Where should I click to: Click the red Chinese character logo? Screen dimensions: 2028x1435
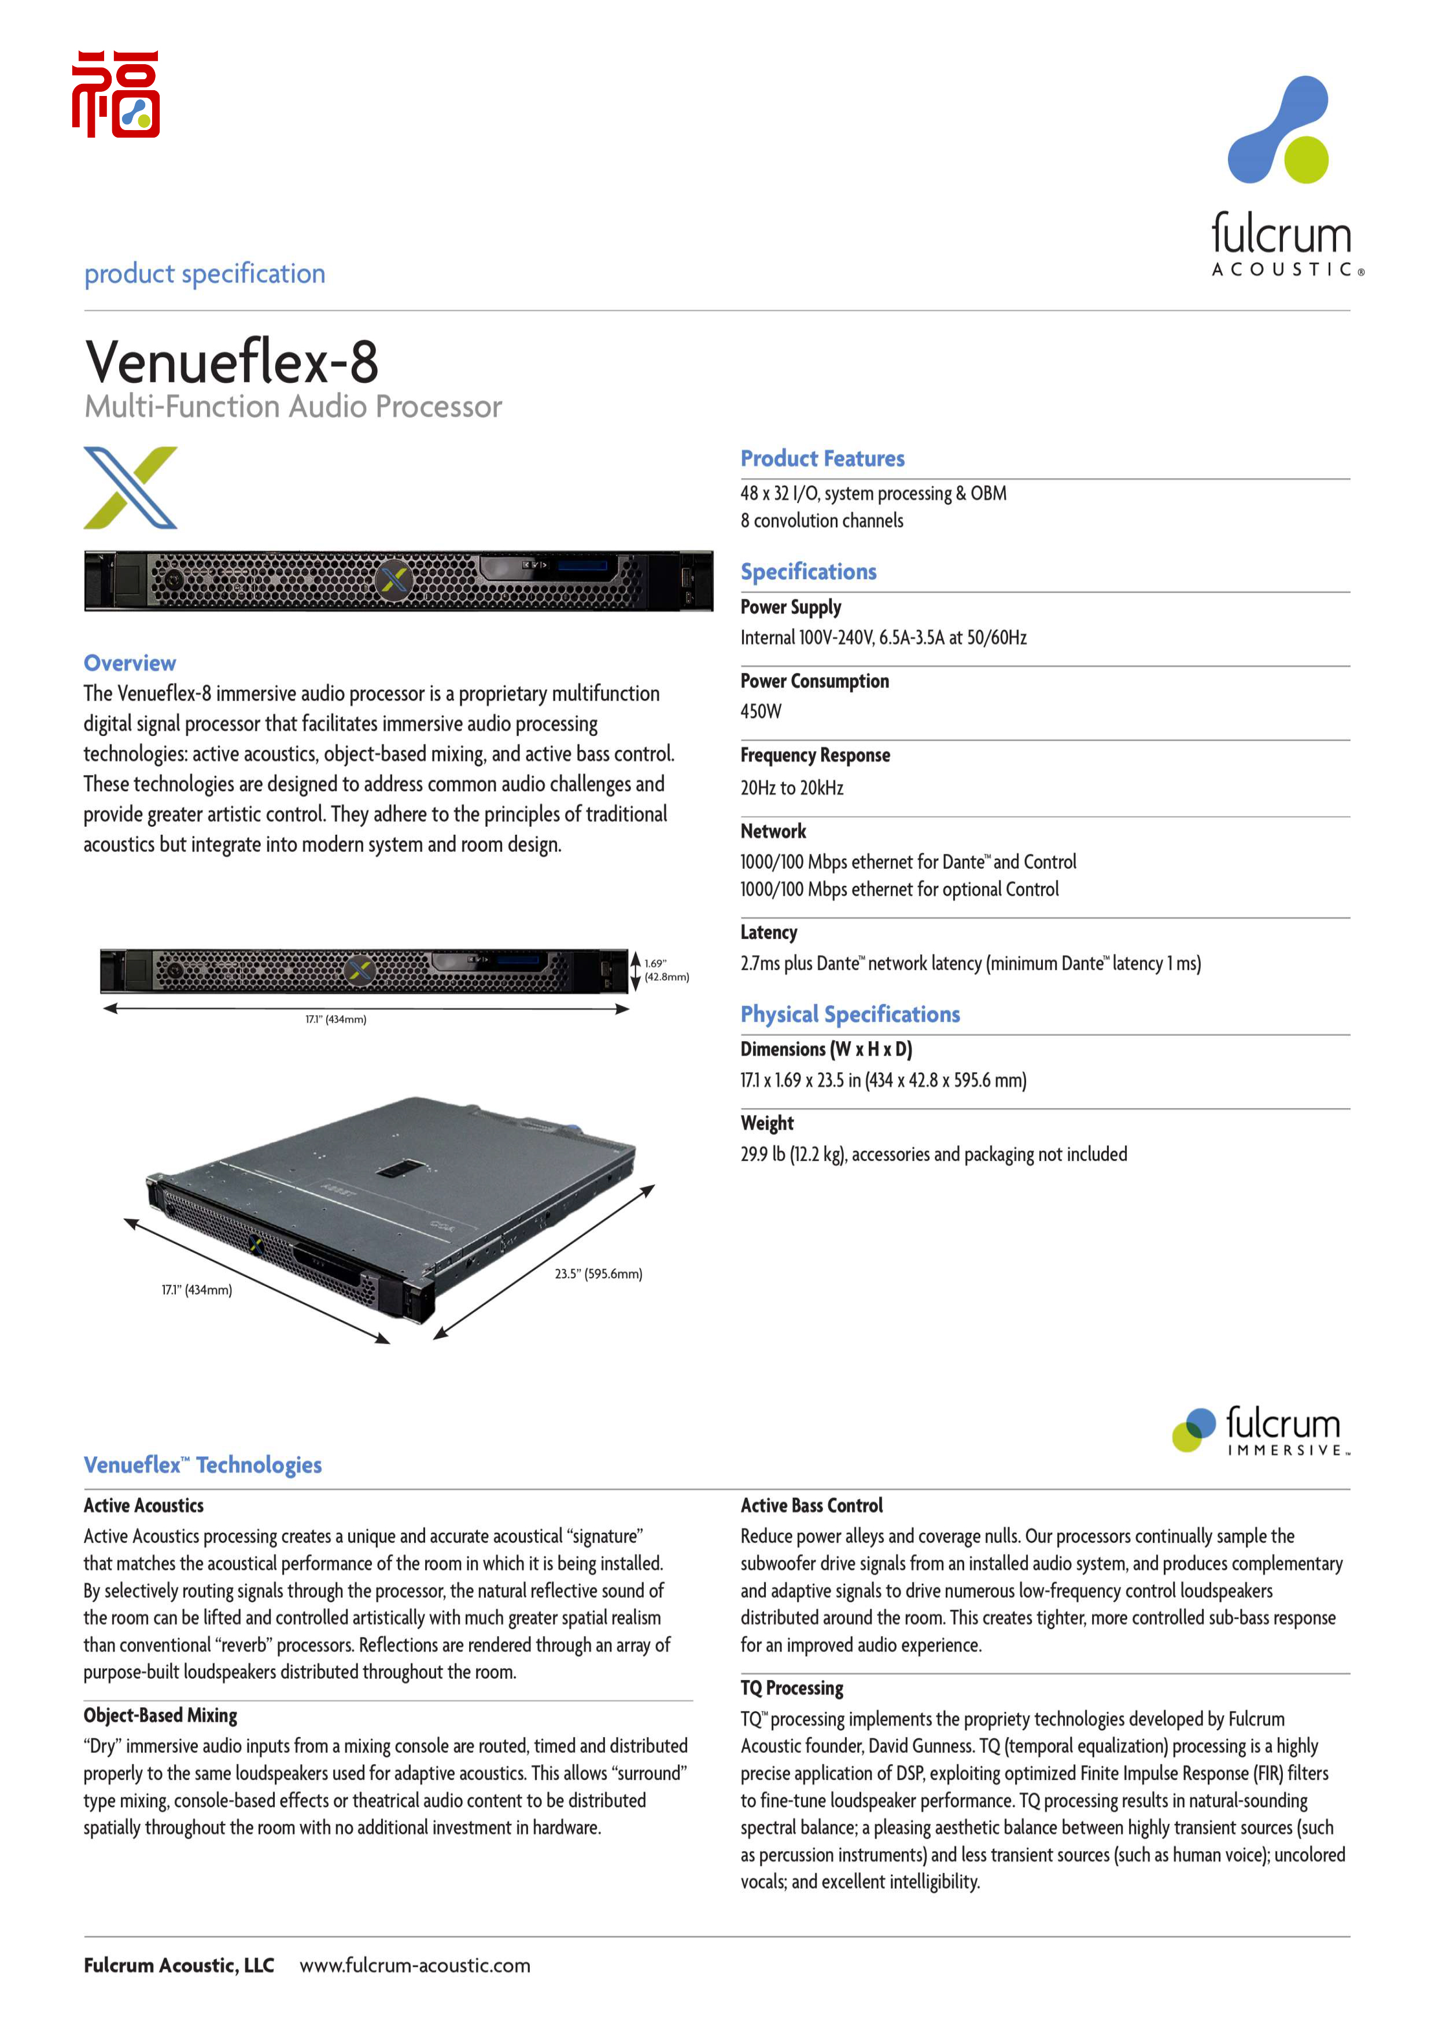[116, 94]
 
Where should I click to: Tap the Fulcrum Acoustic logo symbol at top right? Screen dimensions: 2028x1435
[1279, 130]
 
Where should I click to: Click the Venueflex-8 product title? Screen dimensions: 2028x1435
[231, 361]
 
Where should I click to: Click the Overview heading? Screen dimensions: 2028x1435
[130, 663]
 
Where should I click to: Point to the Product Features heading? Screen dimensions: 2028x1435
[822, 458]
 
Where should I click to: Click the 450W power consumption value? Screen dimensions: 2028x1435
[761, 711]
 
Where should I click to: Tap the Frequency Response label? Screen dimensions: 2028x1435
[815, 755]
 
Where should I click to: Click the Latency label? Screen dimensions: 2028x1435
[769, 932]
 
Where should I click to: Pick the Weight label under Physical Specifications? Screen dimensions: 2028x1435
[767, 1123]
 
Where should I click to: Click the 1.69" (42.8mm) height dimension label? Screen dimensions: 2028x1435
[666, 970]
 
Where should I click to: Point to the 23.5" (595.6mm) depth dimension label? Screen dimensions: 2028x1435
[598, 1274]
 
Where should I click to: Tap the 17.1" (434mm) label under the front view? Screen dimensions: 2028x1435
[336, 1019]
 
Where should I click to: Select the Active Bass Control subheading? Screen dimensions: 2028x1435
[811, 1506]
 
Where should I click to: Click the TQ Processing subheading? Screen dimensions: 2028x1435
[792, 1688]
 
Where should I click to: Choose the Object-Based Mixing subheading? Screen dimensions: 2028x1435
[161, 1715]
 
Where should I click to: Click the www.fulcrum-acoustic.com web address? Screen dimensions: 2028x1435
[414, 1966]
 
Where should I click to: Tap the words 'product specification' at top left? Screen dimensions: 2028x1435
[205, 274]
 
